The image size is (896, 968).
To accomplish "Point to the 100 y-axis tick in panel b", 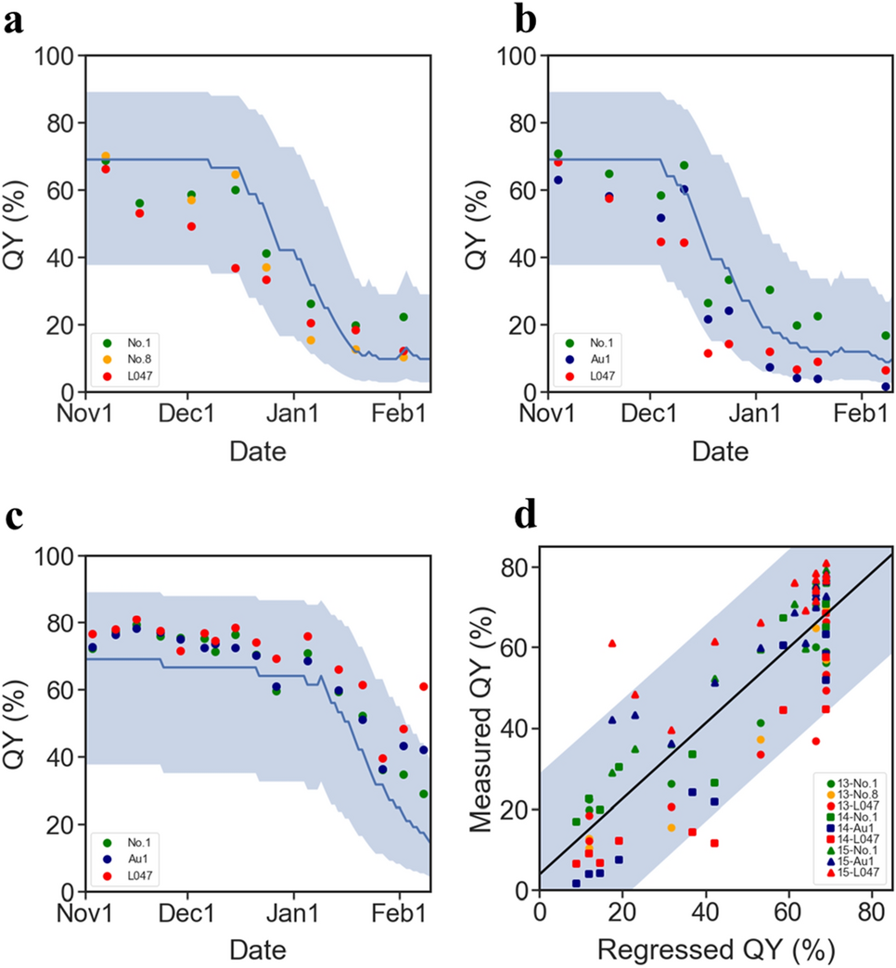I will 515,56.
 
